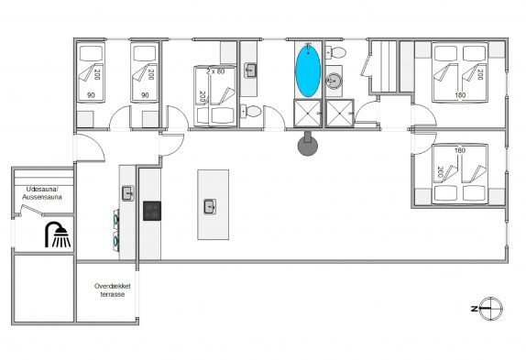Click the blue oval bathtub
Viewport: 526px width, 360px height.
308,71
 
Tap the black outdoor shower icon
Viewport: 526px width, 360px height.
58,235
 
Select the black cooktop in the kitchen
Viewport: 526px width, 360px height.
152,211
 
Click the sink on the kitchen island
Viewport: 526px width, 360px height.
210,206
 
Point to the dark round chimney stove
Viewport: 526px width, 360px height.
308,144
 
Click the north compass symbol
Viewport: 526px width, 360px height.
490,309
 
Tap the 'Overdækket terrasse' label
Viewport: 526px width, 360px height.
113,290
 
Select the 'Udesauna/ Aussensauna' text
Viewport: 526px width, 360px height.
42,193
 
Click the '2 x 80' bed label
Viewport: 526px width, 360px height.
215,71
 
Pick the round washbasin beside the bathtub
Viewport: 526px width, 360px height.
334,81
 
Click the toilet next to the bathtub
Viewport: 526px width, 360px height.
336,52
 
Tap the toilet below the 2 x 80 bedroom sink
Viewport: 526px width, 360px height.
250,111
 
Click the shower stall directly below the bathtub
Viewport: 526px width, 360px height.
308,114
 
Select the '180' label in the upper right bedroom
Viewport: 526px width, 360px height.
460,95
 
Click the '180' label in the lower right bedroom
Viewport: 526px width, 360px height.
460,150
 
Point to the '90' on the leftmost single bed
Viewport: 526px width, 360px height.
91,95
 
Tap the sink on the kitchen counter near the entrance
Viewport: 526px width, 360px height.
127,193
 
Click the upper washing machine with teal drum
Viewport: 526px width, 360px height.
116,219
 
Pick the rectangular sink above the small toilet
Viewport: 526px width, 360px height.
250,71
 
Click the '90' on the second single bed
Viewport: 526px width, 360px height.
145,95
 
